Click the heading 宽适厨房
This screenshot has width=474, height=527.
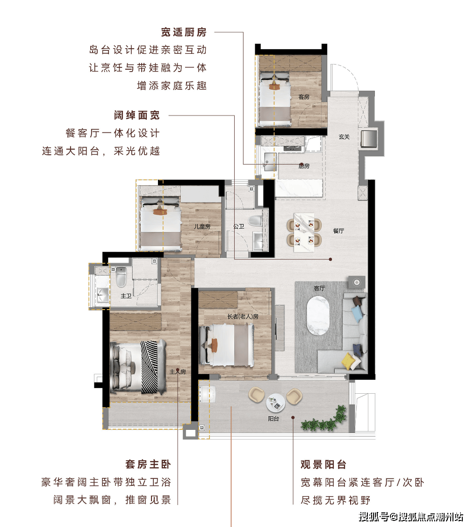click(184, 32)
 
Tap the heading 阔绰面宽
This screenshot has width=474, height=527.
click(136, 116)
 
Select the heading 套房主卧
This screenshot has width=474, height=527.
click(148, 464)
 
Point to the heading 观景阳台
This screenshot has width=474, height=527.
click(323, 464)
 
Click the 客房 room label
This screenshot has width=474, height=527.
click(304, 97)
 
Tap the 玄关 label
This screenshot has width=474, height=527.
click(345, 137)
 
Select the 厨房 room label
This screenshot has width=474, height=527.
click(304, 166)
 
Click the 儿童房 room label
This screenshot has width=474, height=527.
click(202, 226)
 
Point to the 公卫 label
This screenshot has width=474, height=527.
click(238, 226)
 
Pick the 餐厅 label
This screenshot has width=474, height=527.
click(338, 231)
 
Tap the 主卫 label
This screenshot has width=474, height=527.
click(126, 296)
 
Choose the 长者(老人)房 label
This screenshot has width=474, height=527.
click(243, 316)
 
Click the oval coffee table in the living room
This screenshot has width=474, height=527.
click(318, 315)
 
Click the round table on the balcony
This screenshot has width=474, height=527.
click(276, 403)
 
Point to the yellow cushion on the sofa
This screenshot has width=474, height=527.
click(348, 361)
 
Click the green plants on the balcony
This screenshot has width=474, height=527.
click(324, 419)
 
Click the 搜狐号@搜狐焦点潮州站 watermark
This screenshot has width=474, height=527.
click(411, 516)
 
